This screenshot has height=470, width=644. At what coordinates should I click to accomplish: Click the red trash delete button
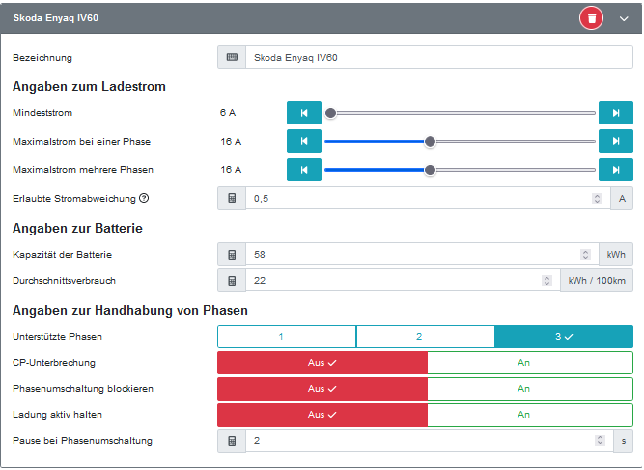click(591, 18)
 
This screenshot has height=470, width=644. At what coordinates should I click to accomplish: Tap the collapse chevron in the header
click(624, 18)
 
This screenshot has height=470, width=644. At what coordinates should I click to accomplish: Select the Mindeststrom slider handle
click(330, 113)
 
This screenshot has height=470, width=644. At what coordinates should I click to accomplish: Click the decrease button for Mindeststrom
click(303, 113)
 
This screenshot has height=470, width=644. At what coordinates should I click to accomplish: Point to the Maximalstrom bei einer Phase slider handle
click(430, 142)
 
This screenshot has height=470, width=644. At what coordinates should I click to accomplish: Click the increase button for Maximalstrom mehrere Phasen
click(616, 170)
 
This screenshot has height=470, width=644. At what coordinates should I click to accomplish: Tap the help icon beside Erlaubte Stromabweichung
click(144, 199)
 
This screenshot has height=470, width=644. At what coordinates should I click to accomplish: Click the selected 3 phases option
click(564, 337)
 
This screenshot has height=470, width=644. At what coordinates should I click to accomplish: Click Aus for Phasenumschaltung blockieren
click(322, 389)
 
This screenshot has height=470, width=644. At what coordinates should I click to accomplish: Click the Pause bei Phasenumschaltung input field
click(421, 441)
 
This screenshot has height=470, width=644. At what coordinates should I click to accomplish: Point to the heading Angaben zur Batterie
click(77, 229)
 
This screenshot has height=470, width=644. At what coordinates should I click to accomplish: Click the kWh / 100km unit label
click(597, 281)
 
